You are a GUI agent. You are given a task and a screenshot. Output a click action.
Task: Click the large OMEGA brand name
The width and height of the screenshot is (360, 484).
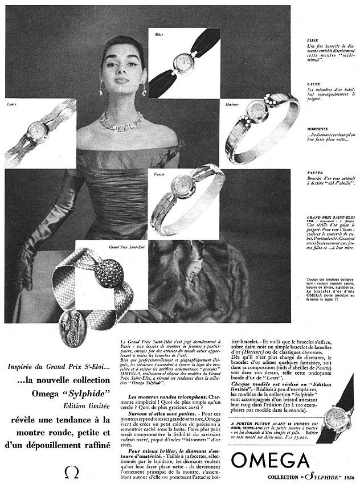tap(271, 460)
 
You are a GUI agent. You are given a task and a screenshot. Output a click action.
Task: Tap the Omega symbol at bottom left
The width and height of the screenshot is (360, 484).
tap(72, 472)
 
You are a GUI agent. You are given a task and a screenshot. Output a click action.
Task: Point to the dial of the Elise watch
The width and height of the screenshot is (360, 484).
tap(184, 61)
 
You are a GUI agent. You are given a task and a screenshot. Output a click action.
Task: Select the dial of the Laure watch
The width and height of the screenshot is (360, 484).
tap(38, 130)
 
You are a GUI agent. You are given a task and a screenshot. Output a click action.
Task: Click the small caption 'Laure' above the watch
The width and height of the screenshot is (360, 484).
tap(12, 104)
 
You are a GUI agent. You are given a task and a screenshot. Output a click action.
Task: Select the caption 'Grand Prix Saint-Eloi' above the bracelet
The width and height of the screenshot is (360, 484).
tap(126, 247)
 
